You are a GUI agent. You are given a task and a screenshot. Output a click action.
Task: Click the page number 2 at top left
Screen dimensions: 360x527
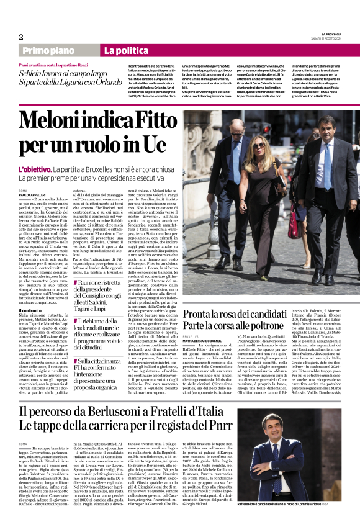click(21, 37)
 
